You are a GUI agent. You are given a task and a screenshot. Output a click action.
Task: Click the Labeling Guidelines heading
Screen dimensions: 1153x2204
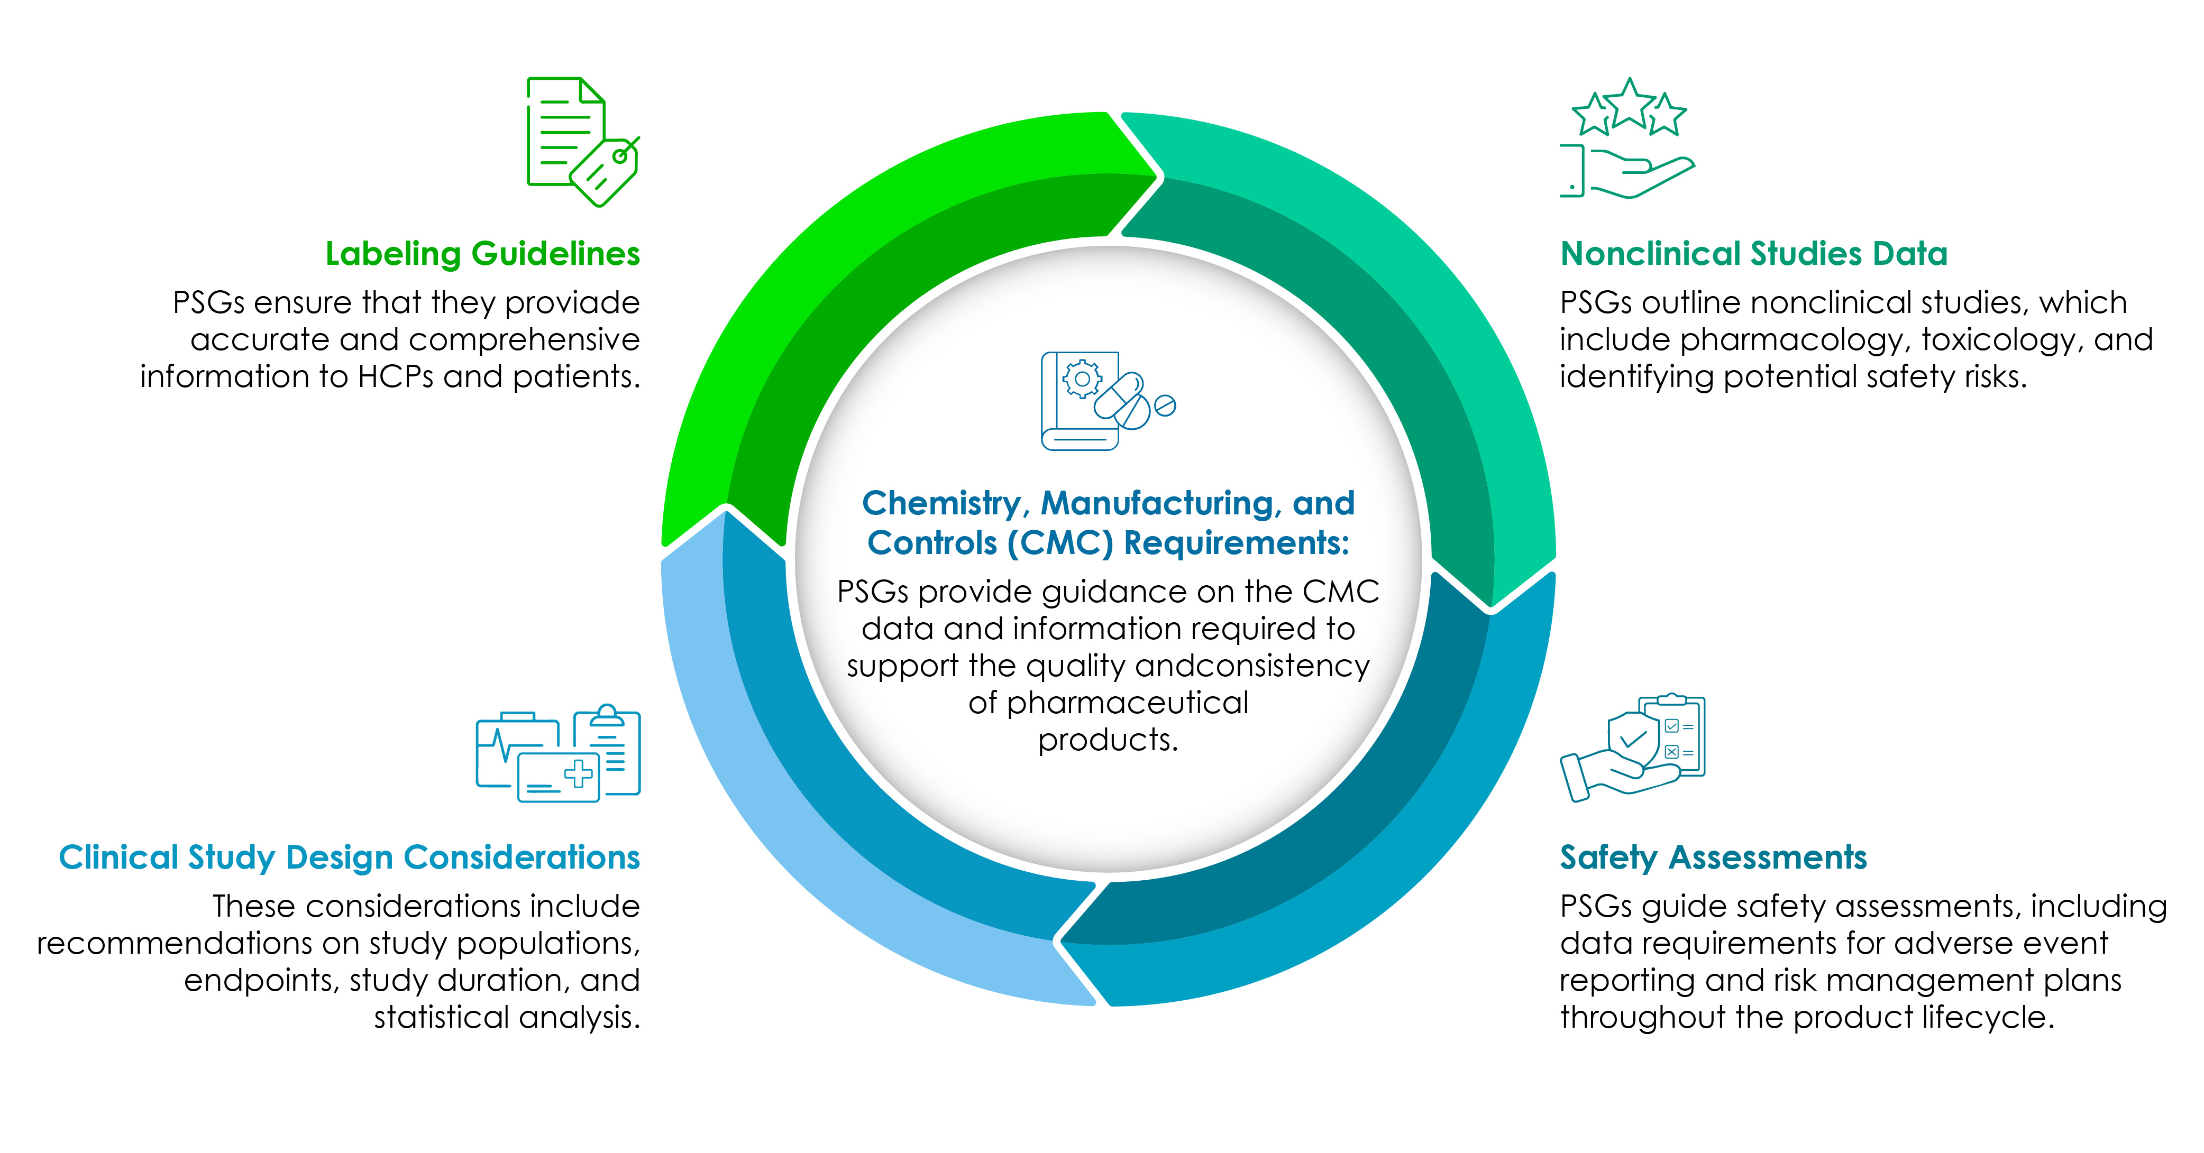click(482, 254)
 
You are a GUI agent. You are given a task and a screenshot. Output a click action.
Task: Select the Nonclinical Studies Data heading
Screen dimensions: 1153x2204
click(1753, 254)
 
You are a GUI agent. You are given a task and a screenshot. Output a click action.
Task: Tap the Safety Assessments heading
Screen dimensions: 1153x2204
click(1713, 857)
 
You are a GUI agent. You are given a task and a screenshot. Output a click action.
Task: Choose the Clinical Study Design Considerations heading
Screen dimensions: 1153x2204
click(349, 857)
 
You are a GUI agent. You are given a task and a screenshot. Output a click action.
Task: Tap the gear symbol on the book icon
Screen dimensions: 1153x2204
click(1082, 379)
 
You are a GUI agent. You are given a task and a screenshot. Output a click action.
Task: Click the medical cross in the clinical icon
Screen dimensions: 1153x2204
click(579, 773)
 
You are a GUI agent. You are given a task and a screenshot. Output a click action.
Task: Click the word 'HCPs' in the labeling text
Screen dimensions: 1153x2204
click(395, 376)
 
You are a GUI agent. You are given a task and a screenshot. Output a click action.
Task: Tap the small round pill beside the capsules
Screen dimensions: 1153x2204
click(1165, 405)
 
